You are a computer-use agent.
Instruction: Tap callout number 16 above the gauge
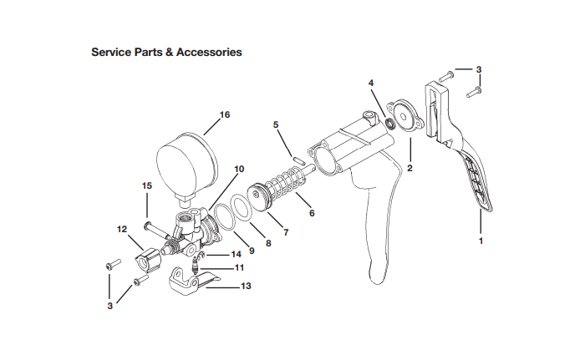pyautogui.click(x=224, y=114)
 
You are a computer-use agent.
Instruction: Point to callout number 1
pyautogui.click(x=481, y=241)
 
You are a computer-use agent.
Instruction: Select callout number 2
pyautogui.click(x=410, y=168)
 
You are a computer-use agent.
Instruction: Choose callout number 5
pyautogui.click(x=275, y=125)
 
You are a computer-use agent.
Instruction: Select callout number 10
pyautogui.click(x=239, y=169)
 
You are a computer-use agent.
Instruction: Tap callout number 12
pyautogui.click(x=121, y=228)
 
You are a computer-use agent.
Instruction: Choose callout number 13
pyautogui.click(x=245, y=286)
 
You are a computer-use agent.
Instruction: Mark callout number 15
pyautogui.click(x=146, y=185)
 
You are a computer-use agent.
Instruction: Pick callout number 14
pyautogui.click(x=236, y=253)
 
